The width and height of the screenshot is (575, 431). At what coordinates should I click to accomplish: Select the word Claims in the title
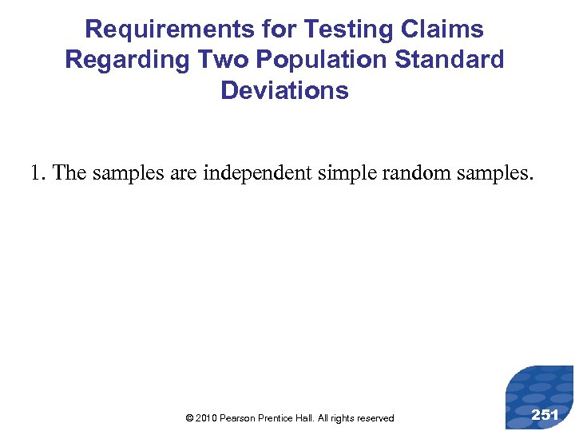pos(443,30)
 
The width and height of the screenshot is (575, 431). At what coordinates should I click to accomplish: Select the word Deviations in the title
pos(285,90)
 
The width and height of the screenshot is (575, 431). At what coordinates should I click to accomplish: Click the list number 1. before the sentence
pos(38,172)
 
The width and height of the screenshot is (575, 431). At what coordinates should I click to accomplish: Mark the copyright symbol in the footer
pos(188,418)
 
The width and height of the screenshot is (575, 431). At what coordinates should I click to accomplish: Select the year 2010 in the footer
pos(204,418)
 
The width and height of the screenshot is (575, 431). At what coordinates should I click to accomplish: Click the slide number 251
pos(545,414)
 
